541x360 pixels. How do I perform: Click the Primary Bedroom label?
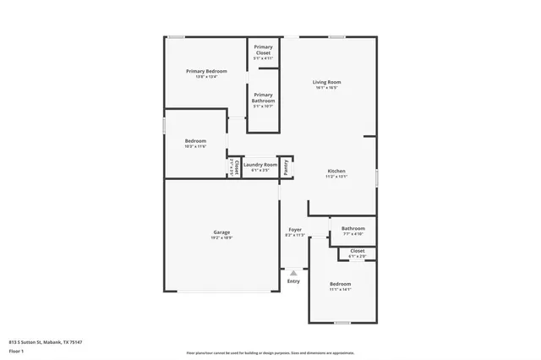[x=206, y=71]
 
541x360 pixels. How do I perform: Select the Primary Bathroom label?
[x=263, y=96]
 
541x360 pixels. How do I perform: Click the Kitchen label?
[x=336, y=171]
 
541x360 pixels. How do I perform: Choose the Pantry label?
[x=286, y=167]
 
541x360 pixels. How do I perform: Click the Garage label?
[x=221, y=232]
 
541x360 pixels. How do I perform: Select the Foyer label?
[x=295, y=230]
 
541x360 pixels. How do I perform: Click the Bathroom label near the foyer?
[x=353, y=228]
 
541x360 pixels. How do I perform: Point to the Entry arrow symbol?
[x=293, y=272]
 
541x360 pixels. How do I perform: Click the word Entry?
[x=293, y=281]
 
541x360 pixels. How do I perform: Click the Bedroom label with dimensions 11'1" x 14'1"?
[x=340, y=284]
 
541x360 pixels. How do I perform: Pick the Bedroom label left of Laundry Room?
[x=195, y=140]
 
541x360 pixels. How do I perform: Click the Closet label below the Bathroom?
[x=357, y=251]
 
